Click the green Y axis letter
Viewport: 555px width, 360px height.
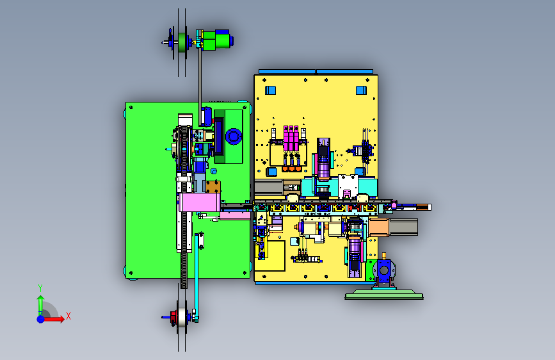click(40, 288)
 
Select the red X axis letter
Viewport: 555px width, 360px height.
click(68, 316)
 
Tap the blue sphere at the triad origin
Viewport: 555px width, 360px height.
click(41, 319)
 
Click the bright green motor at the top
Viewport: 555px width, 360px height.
click(216, 40)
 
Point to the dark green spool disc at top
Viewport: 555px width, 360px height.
click(182, 42)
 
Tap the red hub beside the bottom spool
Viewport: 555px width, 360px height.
click(173, 317)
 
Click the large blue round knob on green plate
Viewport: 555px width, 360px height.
click(234, 136)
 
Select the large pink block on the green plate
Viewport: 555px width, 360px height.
click(200, 202)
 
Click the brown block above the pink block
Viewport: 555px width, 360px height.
click(213, 187)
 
